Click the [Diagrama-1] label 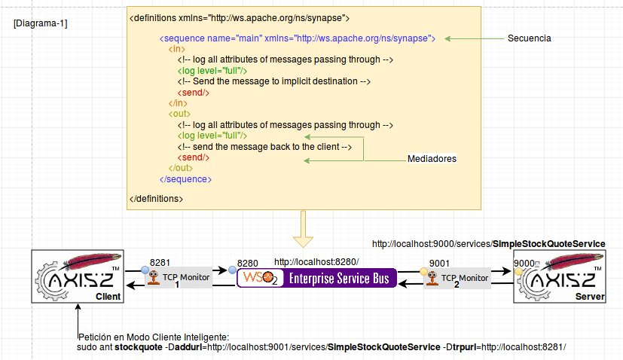(41, 24)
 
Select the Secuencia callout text (529, 38)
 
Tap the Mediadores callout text (432, 159)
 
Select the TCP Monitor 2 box (458, 278)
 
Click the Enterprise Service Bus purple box (317, 278)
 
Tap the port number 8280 (247, 263)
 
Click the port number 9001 (439, 262)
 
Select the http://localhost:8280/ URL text (316, 261)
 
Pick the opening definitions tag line (239, 17)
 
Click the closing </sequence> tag (186, 179)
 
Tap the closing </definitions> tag (156, 199)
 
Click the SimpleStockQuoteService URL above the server (488, 244)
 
